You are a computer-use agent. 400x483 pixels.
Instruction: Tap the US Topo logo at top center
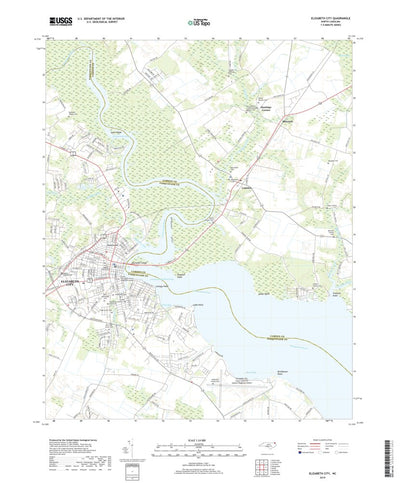(199, 19)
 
